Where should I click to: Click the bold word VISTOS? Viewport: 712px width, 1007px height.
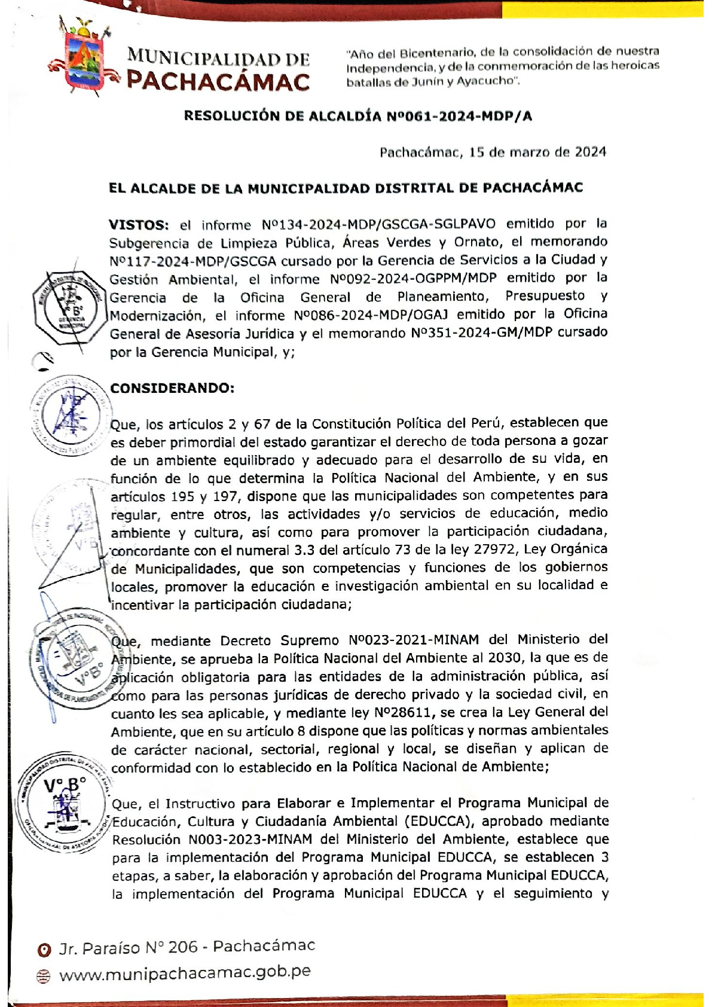[139, 225]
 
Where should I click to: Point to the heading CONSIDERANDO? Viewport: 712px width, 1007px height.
[172, 388]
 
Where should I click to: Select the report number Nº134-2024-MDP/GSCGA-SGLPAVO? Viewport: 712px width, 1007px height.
[378, 224]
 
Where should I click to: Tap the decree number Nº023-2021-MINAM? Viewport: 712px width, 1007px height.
[414, 640]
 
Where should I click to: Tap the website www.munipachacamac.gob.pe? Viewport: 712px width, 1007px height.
[185, 973]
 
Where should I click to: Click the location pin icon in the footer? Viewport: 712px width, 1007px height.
[44, 950]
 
